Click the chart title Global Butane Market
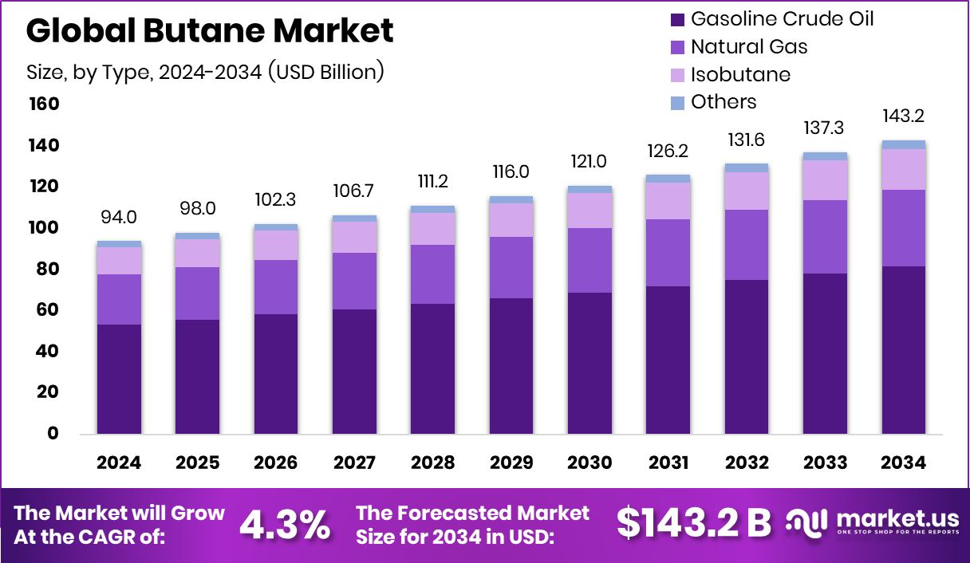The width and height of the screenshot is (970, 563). [210, 31]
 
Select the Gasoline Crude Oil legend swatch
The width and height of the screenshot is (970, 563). [678, 19]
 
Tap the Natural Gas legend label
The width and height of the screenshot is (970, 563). [749, 47]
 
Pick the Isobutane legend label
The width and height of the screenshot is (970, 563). [740, 75]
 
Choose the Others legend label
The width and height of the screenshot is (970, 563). [724, 102]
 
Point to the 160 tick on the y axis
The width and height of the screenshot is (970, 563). [44, 104]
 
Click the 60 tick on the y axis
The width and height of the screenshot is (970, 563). [49, 309]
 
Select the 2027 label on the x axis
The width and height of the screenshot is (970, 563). [354, 463]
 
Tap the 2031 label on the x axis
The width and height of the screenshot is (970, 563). [668, 463]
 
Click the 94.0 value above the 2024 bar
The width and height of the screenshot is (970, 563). [119, 218]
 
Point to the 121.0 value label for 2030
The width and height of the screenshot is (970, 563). [589, 162]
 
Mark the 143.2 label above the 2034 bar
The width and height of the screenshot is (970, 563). [904, 116]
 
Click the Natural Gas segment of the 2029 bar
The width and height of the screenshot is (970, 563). [511, 267]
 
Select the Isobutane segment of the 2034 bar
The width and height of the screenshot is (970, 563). [904, 169]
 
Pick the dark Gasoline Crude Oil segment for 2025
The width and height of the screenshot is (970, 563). [197, 376]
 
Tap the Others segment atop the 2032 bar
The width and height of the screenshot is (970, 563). [747, 167]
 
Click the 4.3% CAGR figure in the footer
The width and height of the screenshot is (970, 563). [286, 524]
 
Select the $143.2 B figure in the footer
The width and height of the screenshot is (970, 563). [694, 523]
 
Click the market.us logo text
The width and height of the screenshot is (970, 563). [893, 518]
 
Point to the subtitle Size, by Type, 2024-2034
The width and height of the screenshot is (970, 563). [206, 72]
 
